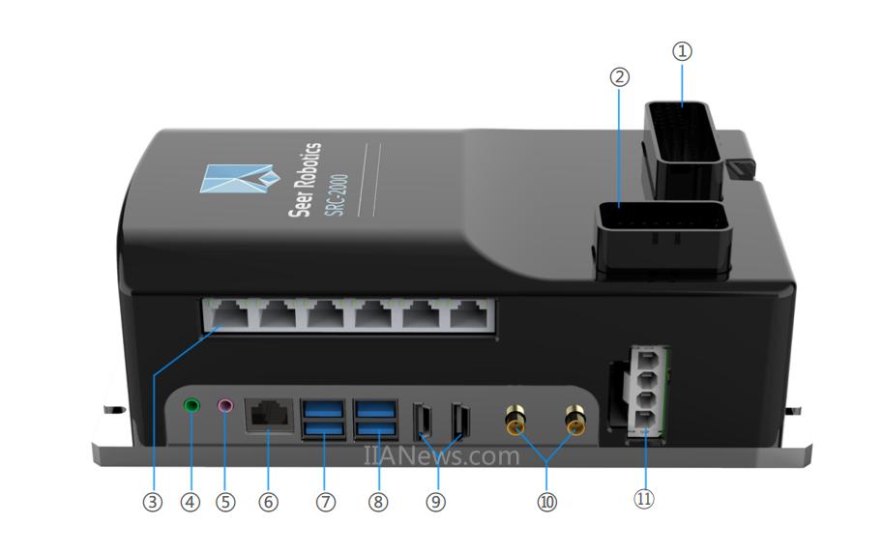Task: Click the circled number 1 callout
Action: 682,51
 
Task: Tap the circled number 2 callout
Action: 619,77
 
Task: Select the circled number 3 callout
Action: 152,502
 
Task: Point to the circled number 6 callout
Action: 268,502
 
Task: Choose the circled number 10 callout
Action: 546,502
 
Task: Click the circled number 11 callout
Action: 644,498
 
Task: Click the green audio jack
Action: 192,405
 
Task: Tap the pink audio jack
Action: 225,405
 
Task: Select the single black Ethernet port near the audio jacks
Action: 269,416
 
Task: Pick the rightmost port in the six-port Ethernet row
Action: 468,315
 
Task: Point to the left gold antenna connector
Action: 515,420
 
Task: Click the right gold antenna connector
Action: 574,420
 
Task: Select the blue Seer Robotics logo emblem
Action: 240,178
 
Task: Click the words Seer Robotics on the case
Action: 305,179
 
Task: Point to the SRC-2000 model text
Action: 337,194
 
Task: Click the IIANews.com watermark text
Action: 441,455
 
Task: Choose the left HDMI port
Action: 423,421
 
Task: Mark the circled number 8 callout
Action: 378,502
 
